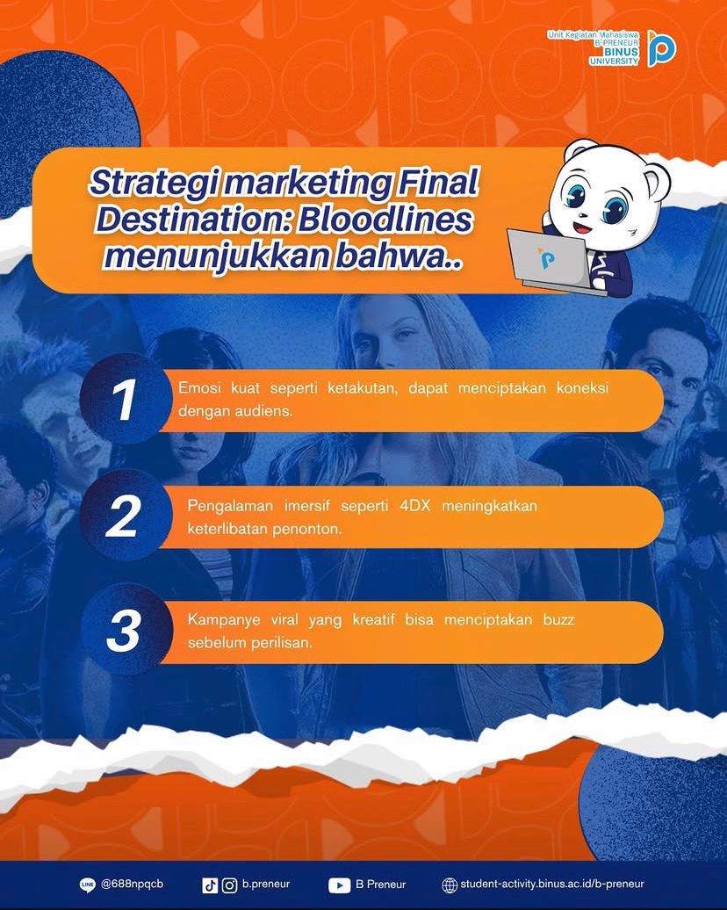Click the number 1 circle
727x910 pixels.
pos(126,400)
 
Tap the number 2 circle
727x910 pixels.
pos(126,515)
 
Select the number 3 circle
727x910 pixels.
pos(126,630)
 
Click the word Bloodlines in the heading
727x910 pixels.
pos(385,220)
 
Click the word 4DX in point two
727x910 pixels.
pos(414,505)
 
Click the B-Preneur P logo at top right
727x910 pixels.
pos(661,48)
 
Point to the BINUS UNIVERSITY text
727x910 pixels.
pos(614,56)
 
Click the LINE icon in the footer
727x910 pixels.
pos(87,885)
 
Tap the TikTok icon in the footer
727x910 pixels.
pos(210,885)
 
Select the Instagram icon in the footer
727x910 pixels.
pos(230,885)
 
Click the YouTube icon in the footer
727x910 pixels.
pos(340,885)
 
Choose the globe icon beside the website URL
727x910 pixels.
pos(450,885)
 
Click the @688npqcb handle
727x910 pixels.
pos(132,884)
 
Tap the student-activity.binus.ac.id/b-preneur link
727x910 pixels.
pos(552,884)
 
